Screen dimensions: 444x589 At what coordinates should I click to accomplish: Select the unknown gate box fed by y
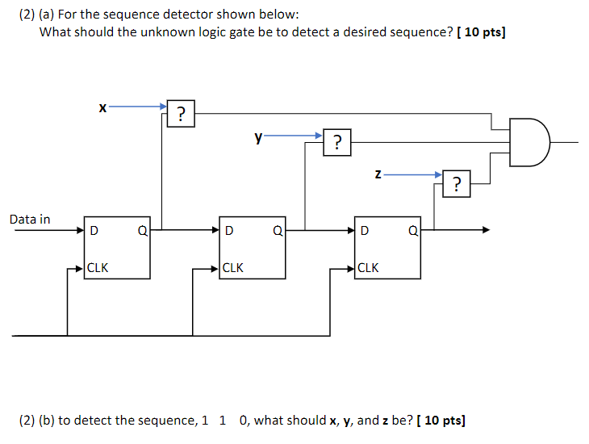pos(337,144)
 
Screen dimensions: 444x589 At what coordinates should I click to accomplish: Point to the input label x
pos(102,107)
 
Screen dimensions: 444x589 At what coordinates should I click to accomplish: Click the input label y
pos(258,137)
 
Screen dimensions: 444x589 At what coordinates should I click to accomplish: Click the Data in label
pos(30,219)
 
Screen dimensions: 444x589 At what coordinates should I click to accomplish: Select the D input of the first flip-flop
pos(94,231)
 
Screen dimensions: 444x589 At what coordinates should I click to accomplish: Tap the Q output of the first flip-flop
pos(142,231)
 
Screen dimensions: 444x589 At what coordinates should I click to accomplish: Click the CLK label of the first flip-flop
pos(98,268)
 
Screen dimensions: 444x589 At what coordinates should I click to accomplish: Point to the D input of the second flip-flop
pos(230,231)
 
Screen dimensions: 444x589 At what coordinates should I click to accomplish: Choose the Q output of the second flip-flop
pos(278,231)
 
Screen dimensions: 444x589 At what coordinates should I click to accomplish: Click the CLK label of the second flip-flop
pos(233,268)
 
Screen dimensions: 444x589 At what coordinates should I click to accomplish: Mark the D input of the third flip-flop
pos(366,231)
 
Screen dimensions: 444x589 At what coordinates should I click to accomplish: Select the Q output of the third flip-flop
pos(413,231)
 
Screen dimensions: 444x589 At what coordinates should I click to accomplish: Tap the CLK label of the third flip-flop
pos(368,268)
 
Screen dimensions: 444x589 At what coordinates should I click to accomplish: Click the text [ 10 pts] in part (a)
pos(482,32)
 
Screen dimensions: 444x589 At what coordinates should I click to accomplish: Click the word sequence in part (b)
pos(168,421)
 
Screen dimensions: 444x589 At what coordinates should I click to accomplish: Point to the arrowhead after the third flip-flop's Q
pos(485,230)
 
